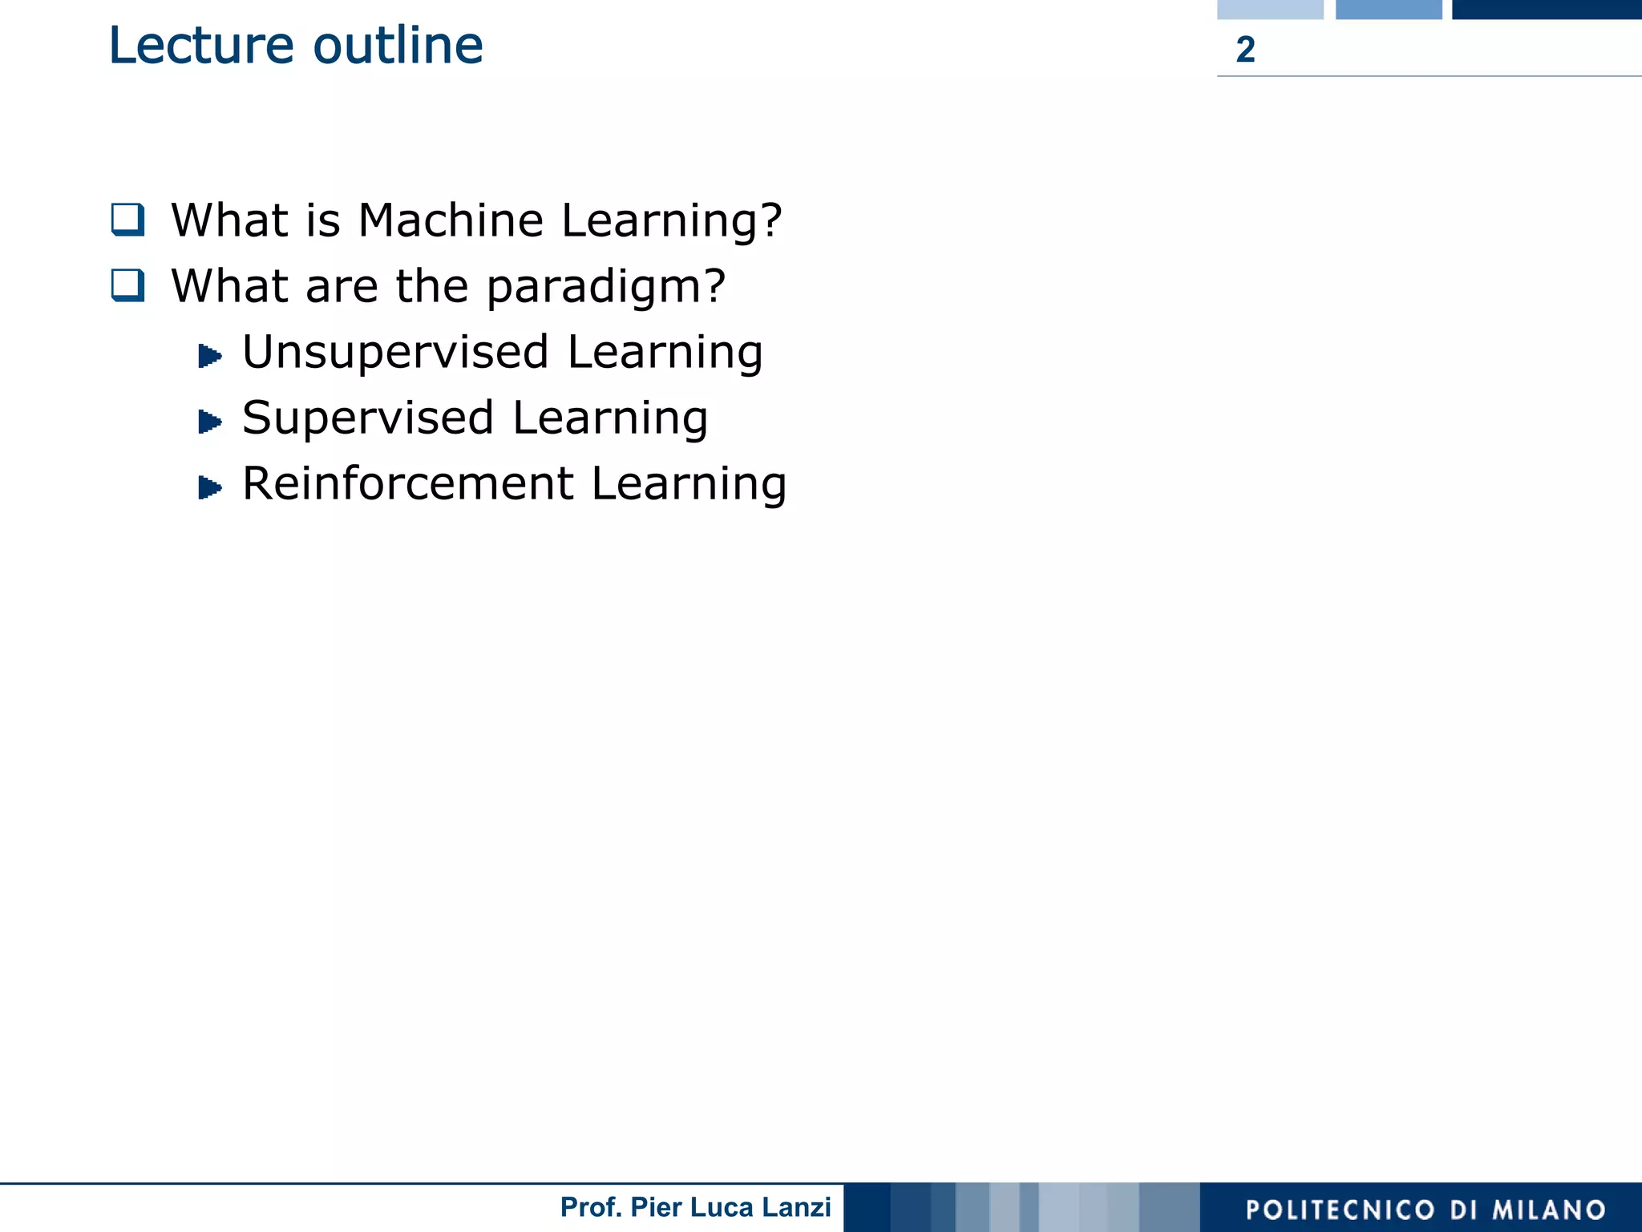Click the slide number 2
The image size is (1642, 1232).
pyautogui.click(x=1245, y=50)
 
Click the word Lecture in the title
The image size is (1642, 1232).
pyautogui.click(x=201, y=46)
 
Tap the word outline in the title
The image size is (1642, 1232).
pyautogui.click(x=398, y=46)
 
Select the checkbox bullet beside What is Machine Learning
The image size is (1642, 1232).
pyautogui.click(x=128, y=220)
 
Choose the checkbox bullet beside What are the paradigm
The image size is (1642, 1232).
pyautogui.click(x=128, y=285)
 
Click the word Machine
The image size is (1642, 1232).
pyautogui.click(x=451, y=220)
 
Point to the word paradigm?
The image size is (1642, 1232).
pyautogui.click(x=606, y=288)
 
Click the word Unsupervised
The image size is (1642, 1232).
pyautogui.click(x=396, y=353)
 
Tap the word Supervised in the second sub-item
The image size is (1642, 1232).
pyautogui.click(x=368, y=418)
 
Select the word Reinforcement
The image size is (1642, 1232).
pyautogui.click(x=408, y=484)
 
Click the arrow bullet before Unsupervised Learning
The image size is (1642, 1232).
pyautogui.click(x=209, y=355)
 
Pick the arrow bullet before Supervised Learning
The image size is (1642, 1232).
pyautogui.click(x=209, y=421)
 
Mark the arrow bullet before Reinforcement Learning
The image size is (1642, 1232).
pyautogui.click(x=209, y=487)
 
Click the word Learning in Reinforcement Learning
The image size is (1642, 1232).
pyautogui.click(x=690, y=485)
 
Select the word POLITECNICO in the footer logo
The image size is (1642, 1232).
pyautogui.click(x=1340, y=1210)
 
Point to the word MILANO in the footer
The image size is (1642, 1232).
pyautogui.click(x=1549, y=1210)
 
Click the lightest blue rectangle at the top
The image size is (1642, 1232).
pyautogui.click(x=1270, y=9)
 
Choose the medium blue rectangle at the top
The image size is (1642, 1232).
pyautogui.click(x=1389, y=9)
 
